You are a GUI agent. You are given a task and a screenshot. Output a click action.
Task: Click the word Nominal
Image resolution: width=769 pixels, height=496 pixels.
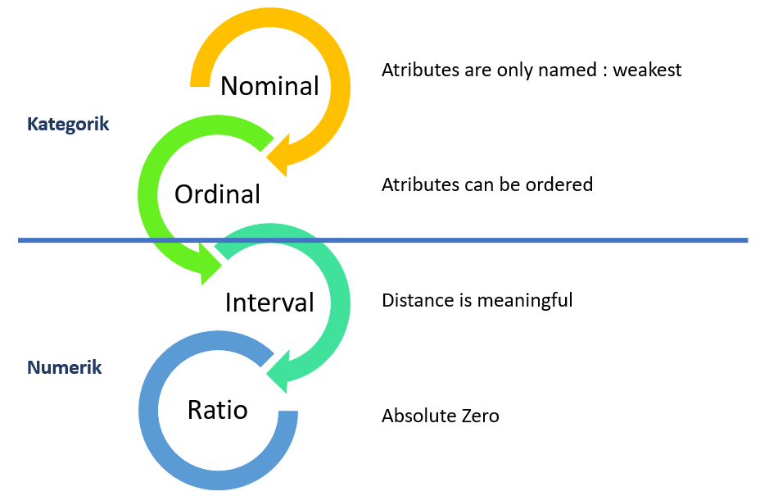(269, 85)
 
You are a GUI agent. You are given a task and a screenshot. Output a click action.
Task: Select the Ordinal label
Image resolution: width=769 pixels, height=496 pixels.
(217, 194)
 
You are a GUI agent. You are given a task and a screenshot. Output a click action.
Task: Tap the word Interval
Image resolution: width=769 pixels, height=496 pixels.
(269, 303)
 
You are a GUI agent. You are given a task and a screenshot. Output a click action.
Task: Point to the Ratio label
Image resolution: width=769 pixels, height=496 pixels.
(217, 409)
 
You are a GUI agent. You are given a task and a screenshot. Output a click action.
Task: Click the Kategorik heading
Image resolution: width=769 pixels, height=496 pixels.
(68, 124)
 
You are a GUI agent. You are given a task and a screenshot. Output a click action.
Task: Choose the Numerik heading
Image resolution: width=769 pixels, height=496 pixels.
(65, 366)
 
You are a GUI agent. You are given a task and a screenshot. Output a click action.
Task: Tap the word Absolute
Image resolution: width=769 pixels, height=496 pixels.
(417, 416)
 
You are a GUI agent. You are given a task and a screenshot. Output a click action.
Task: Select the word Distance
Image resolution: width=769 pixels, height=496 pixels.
(416, 300)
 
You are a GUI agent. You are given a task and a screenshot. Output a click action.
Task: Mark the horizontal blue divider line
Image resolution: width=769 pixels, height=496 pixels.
(491, 240)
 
